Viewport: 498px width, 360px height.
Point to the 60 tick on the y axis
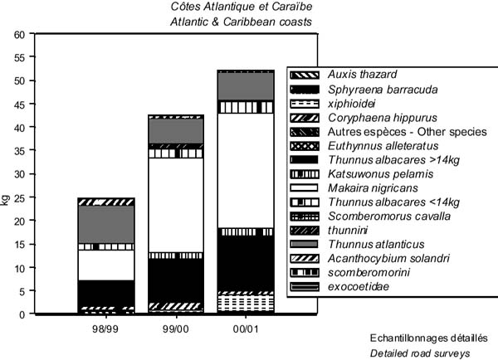(20, 35)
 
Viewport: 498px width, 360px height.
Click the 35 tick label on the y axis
(20, 152)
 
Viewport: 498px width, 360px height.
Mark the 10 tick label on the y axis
(20, 268)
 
